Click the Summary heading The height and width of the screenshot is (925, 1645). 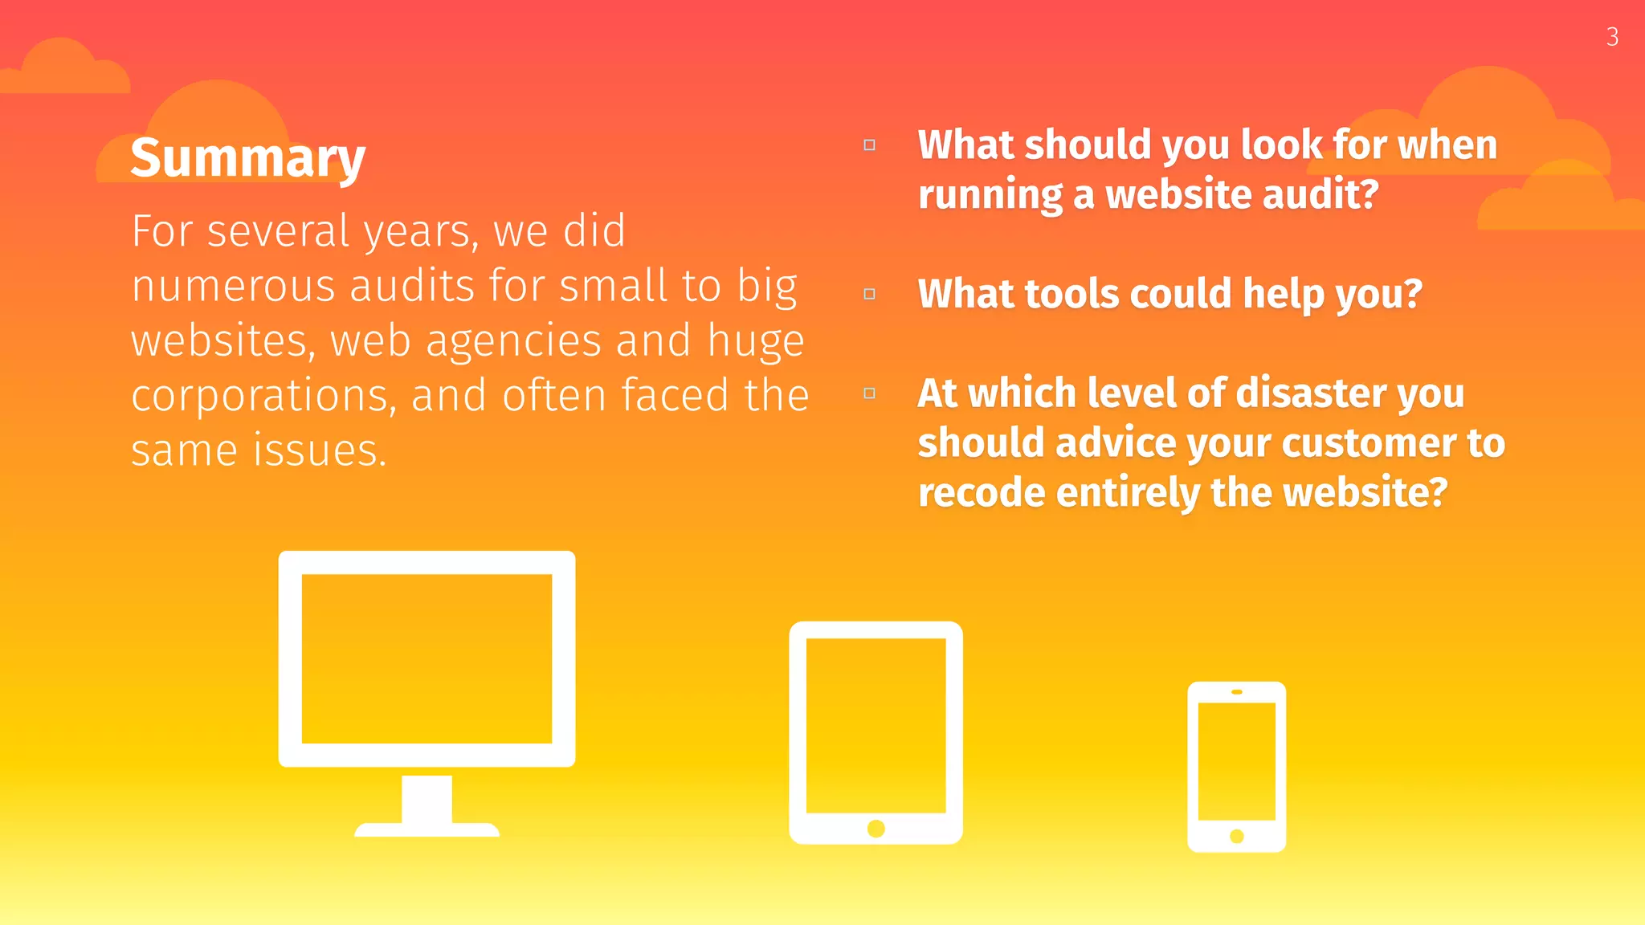coord(247,158)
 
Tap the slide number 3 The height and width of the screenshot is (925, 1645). coord(1612,37)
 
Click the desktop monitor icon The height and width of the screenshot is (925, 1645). coord(427,658)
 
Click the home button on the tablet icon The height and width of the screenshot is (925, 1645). coord(876,829)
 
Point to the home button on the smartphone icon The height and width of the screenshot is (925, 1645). coord(1237,837)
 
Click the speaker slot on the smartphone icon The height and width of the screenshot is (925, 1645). coord(1237,691)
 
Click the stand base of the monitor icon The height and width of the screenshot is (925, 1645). coord(427,829)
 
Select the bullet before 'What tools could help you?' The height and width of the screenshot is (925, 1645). coord(869,294)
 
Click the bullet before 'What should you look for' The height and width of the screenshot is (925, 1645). coord(869,145)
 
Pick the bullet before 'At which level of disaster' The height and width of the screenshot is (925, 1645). coord(869,393)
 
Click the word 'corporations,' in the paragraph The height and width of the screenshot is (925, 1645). coord(263,396)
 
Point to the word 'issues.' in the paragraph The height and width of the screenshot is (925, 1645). coord(320,450)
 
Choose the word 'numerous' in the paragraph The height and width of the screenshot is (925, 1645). coord(233,287)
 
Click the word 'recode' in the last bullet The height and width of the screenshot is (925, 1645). coord(980,492)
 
